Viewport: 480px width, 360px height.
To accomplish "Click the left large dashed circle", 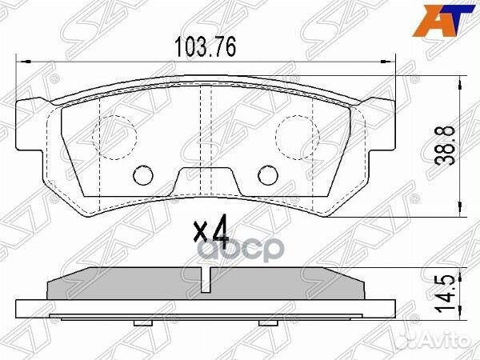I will point(112,134).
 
